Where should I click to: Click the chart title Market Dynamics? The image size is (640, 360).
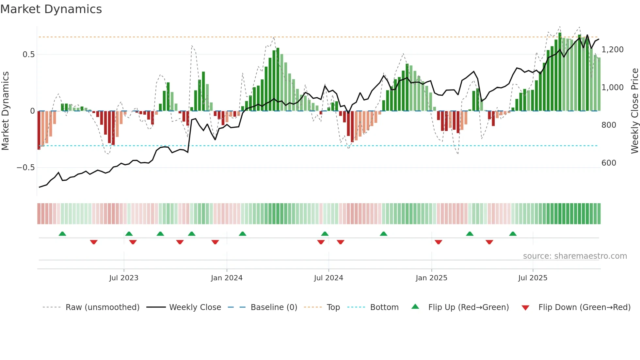coord(51,9)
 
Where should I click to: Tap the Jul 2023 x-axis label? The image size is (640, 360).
coord(124,278)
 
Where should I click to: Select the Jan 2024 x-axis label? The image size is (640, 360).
coord(227,278)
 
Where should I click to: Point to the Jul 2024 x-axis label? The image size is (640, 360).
coord(328,278)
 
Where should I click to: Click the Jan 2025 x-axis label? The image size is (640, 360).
coord(431,278)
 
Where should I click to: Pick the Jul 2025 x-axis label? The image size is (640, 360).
coord(533,278)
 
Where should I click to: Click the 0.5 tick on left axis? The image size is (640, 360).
coord(29,55)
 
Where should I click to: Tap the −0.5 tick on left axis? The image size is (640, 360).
coord(26,168)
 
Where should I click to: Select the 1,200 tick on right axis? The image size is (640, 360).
coord(612,50)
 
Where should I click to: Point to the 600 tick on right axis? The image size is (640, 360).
coord(609,163)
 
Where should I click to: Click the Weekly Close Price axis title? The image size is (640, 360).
coord(634,111)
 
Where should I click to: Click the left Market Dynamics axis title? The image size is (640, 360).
coord(6,111)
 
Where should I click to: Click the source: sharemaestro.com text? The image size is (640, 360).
coord(575,256)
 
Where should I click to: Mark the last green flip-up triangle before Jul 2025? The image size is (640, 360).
coord(513,234)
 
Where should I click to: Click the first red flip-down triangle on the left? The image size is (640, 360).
coord(94,242)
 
